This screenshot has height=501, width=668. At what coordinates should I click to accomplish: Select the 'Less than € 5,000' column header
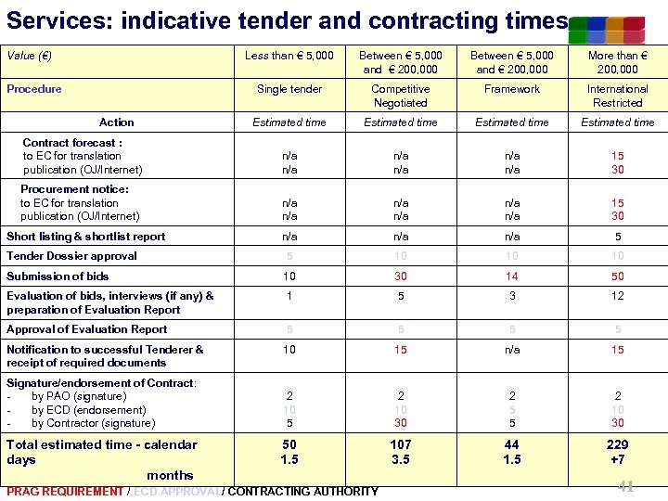[x=289, y=56]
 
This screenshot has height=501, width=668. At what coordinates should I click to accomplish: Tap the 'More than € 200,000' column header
[x=617, y=62]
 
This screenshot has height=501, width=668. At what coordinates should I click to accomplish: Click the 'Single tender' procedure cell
[x=289, y=89]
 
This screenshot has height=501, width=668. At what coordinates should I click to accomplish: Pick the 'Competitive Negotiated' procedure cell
[x=400, y=96]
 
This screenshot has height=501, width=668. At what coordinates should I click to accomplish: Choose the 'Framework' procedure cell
[x=512, y=89]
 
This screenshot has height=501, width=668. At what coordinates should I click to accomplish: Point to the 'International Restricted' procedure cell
[x=617, y=96]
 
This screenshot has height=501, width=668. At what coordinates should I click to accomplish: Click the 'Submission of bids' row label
[x=58, y=276]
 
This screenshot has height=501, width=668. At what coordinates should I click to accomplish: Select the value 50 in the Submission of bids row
[x=618, y=276]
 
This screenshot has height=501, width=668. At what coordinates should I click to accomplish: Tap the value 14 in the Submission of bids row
[x=512, y=276]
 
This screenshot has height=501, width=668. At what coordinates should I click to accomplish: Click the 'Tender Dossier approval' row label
[x=71, y=256]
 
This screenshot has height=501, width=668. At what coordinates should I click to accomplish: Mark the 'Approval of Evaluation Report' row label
[x=87, y=329]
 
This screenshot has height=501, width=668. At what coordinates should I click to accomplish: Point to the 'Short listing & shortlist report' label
[x=85, y=237]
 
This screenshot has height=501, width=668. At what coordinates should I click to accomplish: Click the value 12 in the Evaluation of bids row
[x=618, y=296]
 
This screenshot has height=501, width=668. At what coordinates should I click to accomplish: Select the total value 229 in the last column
[x=618, y=445]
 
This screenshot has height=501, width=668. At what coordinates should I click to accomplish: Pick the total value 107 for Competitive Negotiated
[x=401, y=445]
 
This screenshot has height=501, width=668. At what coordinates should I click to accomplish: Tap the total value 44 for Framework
[x=512, y=445]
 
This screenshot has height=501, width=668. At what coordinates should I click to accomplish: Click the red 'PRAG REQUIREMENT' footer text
[x=64, y=491]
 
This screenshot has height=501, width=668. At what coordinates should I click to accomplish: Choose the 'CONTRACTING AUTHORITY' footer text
[x=302, y=491]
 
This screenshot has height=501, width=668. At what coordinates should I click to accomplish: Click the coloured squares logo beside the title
[x=607, y=30]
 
